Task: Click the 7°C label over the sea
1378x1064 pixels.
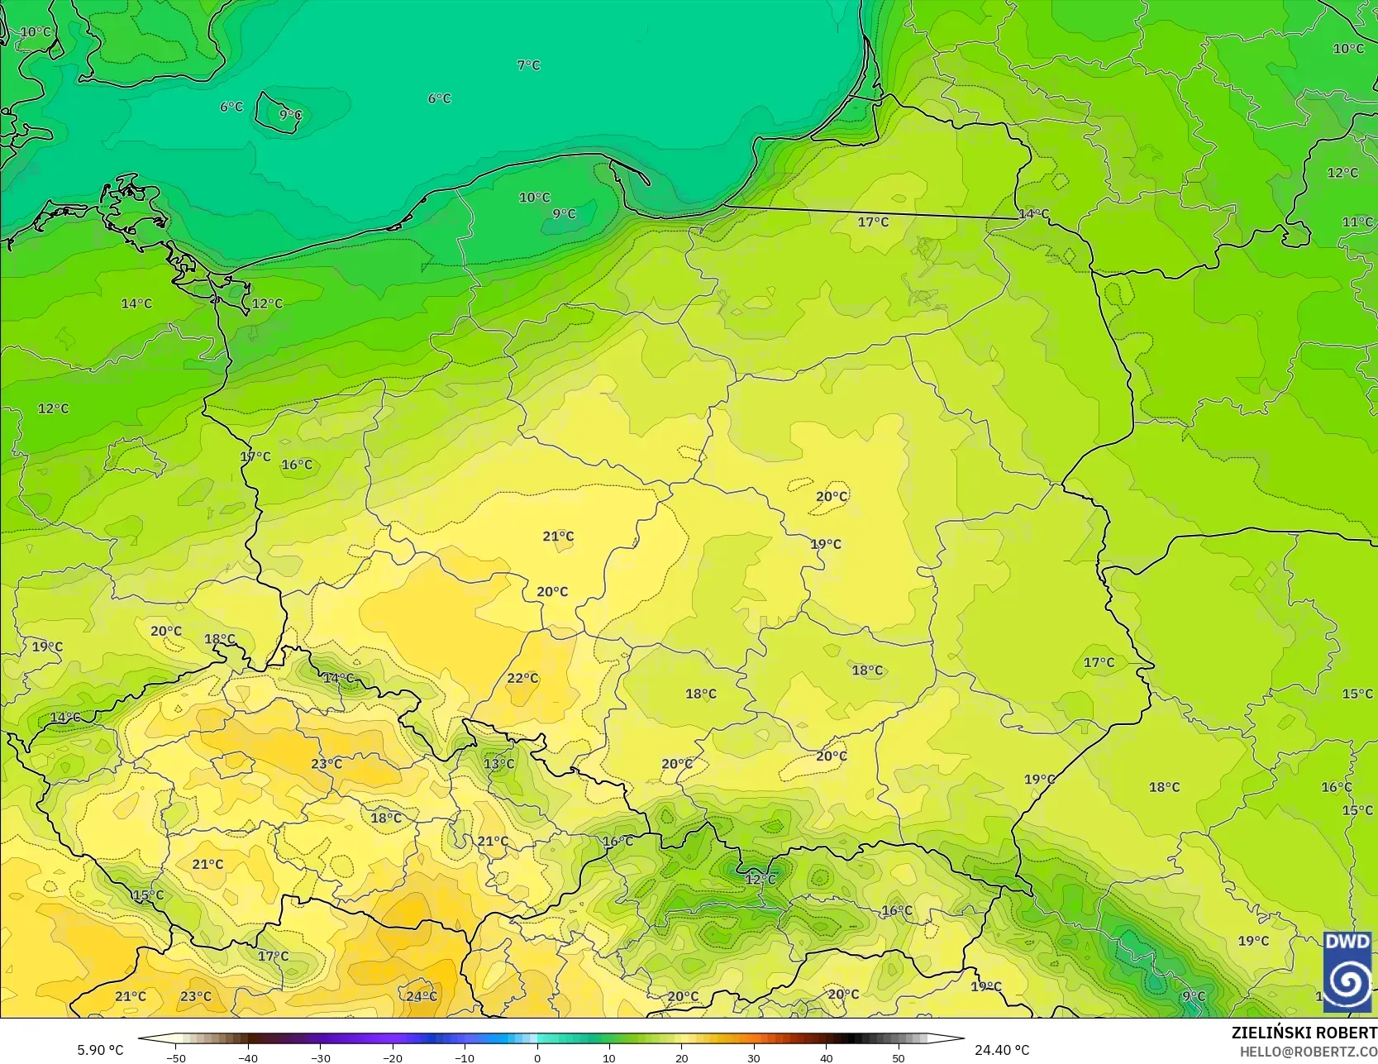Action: (528, 65)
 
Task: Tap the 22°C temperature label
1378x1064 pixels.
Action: (522, 678)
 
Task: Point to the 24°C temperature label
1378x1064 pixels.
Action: (421, 996)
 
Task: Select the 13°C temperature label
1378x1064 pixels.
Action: (498, 763)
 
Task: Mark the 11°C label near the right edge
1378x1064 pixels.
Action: (1357, 222)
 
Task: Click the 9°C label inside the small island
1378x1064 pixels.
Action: (290, 115)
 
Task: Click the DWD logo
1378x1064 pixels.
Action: (1347, 971)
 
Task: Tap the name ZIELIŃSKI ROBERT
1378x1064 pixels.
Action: (1304, 1033)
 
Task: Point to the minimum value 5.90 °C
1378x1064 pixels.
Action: (100, 1050)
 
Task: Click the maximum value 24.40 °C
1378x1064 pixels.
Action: (1002, 1050)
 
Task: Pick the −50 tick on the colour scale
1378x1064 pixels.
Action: (175, 1058)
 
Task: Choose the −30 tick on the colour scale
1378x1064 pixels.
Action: (320, 1058)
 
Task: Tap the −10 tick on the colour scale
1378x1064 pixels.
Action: (465, 1058)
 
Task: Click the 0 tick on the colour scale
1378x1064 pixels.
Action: (537, 1058)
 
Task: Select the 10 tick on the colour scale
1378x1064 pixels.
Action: (609, 1058)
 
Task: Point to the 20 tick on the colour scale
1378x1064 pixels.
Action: (681, 1058)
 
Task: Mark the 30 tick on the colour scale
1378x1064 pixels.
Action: (754, 1058)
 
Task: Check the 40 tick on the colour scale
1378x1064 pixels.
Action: (826, 1058)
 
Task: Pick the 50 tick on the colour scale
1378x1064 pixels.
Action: (899, 1058)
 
